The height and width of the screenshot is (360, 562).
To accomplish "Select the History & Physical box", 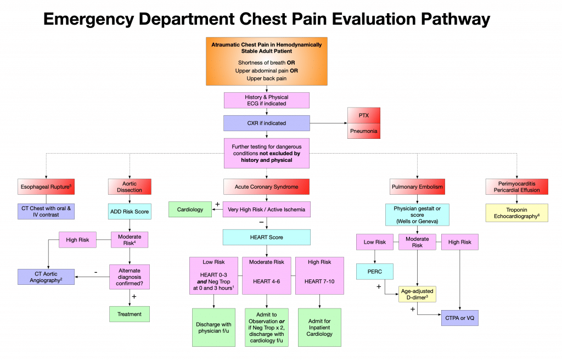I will coord(267,100).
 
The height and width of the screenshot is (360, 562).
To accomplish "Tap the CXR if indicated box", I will coord(267,123).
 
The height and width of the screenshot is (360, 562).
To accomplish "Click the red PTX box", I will coord(363,116).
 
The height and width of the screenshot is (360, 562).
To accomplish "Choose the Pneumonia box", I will coord(363,132).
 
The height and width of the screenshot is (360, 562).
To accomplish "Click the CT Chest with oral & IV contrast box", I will coord(46,212).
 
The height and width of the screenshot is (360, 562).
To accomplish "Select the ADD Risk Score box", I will coord(130,211).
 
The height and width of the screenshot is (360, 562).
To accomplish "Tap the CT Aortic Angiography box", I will coord(46,277).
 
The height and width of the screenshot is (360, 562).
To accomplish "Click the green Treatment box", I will coord(130,314).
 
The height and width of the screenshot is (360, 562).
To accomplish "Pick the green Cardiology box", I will coord(190,209).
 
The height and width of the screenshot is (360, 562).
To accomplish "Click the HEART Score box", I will coord(267,237).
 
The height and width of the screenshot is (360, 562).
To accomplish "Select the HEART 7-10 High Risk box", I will coord(319,276).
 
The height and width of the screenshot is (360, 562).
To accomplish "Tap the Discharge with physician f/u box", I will coord(214,328).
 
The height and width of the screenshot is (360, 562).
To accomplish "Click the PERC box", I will coord(375,271).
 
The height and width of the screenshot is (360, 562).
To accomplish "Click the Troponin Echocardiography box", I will coord(517,212).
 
